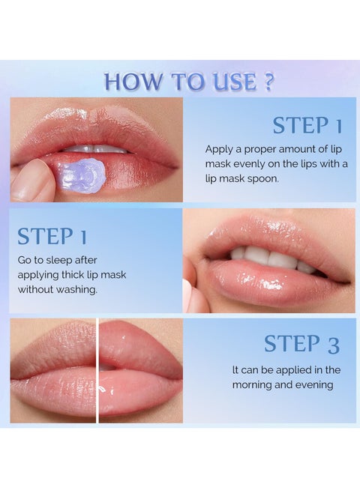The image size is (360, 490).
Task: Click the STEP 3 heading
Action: click(301, 344)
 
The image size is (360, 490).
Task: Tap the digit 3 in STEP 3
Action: click(333, 344)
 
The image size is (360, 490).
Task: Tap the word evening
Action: click(319, 385)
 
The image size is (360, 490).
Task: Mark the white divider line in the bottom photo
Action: click(97, 370)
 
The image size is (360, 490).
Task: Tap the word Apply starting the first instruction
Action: click(219, 148)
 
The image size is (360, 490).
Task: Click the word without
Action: click(36, 289)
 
